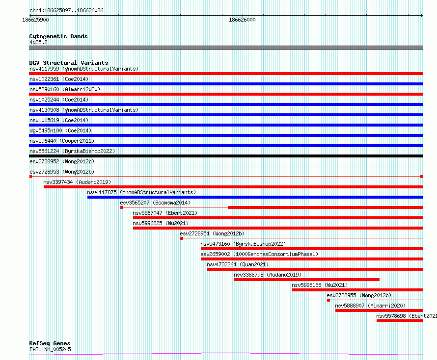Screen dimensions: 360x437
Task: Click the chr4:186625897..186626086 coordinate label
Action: (62, 10)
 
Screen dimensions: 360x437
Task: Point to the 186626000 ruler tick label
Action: (242, 20)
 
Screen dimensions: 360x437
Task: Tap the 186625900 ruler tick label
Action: (35, 20)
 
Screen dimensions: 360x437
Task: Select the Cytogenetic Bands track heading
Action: (58, 36)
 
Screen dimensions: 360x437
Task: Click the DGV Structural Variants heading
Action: (68, 63)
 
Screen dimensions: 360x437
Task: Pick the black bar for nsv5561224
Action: (226, 156)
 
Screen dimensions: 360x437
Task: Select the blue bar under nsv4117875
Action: (255, 197)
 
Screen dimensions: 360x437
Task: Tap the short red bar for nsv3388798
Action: (306, 280)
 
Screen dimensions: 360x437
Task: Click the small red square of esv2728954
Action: (182, 238)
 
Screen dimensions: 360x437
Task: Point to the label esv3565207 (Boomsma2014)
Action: (155, 203)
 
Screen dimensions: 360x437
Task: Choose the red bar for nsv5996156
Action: (357, 290)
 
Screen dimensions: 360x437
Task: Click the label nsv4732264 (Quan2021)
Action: (238, 264)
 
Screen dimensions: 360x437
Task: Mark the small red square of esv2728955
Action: (328, 300)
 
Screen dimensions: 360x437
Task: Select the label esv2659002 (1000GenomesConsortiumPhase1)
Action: (259, 254)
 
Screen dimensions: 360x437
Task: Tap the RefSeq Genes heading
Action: (50, 343)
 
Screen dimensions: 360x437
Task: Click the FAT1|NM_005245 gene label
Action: (50, 349)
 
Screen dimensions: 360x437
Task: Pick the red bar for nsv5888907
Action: (379, 310)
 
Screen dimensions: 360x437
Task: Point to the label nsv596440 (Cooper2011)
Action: (61, 141)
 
